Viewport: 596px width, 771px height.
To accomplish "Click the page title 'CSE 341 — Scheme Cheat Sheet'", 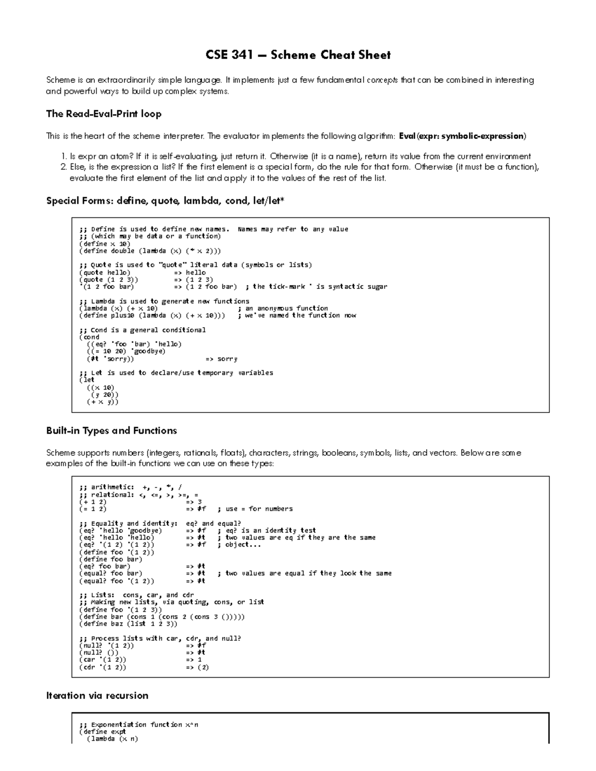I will point(298,55).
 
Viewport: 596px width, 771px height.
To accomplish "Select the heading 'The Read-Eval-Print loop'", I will point(103,114).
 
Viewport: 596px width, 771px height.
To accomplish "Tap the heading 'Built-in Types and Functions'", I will point(111,430).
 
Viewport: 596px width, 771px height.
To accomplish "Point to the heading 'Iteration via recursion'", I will point(97,696).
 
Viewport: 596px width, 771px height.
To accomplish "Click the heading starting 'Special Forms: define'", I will point(165,201).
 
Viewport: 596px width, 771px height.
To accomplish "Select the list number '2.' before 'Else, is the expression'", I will point(63,167).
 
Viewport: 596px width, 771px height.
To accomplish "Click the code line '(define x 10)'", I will point(104,244).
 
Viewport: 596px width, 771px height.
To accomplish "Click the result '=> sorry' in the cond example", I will point(221,359).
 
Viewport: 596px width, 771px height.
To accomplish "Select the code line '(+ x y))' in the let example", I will point(103,402).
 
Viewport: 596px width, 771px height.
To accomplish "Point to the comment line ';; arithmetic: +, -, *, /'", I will point(134,488).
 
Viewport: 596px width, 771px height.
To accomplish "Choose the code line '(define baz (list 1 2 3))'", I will point(128,624).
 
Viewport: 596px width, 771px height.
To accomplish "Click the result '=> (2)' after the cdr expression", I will point(197,667).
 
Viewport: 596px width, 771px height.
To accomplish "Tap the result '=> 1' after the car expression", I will point(194,660).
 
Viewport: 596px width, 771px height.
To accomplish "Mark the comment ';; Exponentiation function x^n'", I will point(139,725).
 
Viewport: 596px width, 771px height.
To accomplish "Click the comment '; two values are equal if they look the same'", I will point(304,573).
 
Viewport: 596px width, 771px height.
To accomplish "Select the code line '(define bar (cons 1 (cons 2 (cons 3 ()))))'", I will point(162,617).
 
